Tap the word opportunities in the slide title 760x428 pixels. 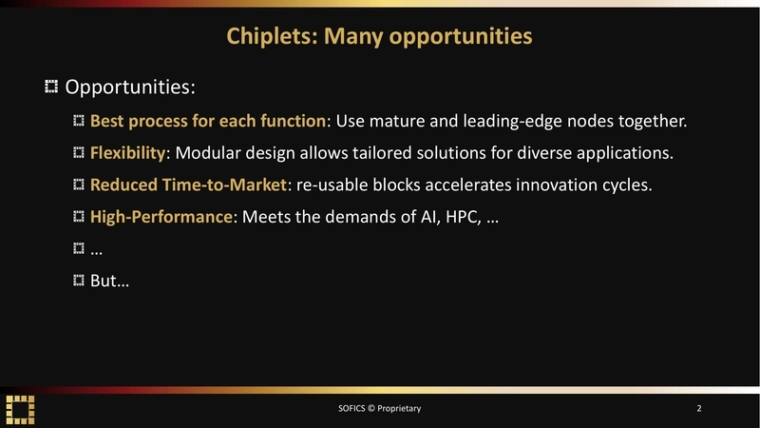pos(461,37)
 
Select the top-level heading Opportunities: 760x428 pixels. pos(129,88)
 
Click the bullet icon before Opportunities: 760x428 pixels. pos(51,88)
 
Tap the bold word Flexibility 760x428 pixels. pos(127,153)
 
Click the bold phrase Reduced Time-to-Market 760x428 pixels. pos(188,185)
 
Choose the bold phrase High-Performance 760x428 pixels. pos(161,216)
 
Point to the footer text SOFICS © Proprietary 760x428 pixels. pos(379,408)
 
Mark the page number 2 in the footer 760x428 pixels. pos(699,408)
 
